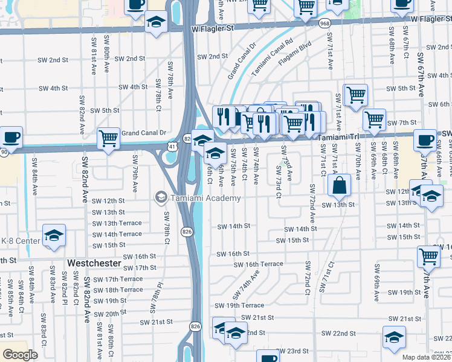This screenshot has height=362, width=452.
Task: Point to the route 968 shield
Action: tap(325, 22)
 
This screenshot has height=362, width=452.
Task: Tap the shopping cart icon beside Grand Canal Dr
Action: tap(109, 138)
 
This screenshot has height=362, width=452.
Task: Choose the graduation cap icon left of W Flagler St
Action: tap(157, 23)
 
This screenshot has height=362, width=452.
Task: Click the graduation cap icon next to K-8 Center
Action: tap(54, 235)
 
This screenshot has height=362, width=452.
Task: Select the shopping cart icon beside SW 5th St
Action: tap(356, 94)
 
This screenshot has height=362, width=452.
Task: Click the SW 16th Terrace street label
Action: tap(258, 264)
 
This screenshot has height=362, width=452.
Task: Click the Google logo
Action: tap(20, 355)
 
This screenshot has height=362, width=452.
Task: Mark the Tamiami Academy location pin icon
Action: tap(161, 197)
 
